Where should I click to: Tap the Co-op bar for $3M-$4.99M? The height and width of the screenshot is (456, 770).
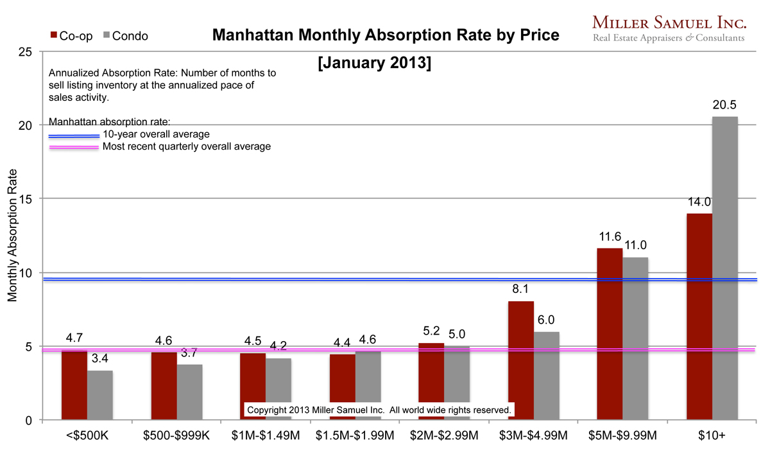(520, 360)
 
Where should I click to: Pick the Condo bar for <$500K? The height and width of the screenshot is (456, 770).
(99, 394)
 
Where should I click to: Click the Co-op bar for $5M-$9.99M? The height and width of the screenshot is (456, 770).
(610, 334)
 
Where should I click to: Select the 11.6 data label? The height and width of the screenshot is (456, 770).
(610, 236)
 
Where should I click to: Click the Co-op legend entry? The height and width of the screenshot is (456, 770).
(70, 36)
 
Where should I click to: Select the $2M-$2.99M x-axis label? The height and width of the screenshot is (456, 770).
(443, 436)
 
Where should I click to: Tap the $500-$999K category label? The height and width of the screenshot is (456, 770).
(176, 436)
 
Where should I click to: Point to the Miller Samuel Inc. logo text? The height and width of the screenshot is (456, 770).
(669, 23)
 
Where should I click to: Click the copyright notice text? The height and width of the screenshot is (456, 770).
(379, 410)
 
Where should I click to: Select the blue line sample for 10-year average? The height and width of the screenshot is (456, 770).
(74, 136)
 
